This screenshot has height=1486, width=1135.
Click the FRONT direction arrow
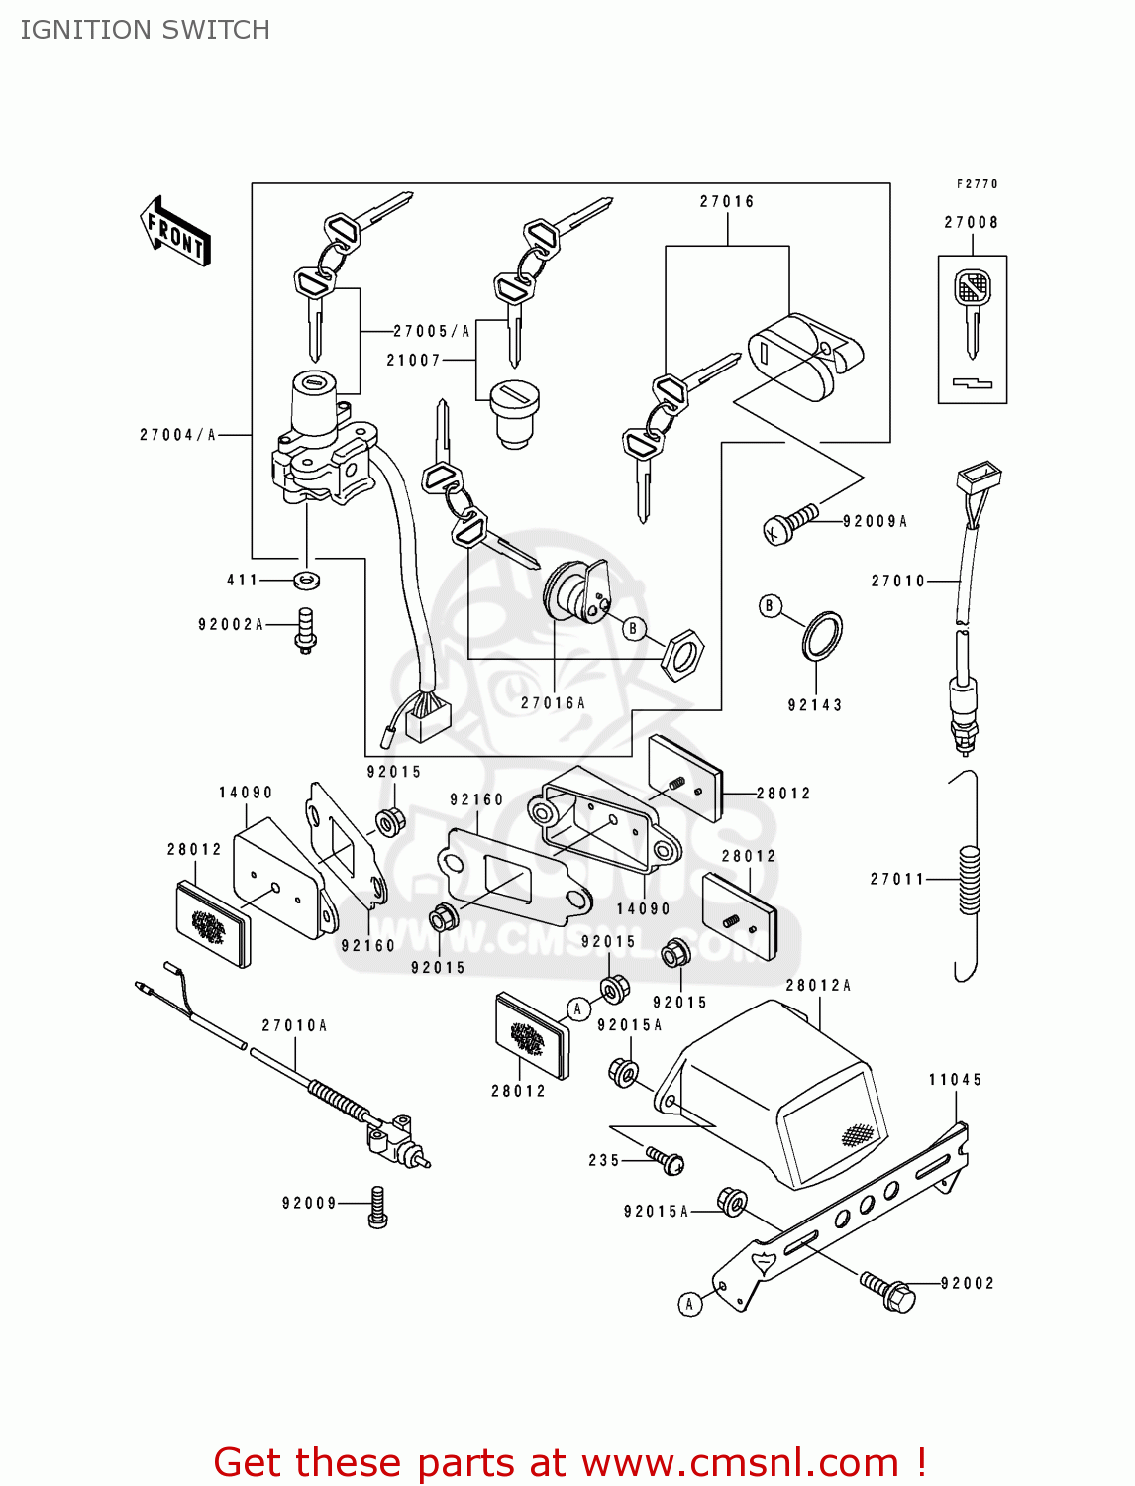[x=176, y=231]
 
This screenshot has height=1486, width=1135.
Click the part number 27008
[x=971, y=222]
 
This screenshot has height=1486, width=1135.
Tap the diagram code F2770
[x=977, y=184]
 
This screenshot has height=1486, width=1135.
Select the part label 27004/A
[x=177, y=434]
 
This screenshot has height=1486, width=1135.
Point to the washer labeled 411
[x=307, y=580]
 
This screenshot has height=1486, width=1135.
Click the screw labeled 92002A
[x=306, y=629]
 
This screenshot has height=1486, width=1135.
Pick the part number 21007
[x=413, y=360]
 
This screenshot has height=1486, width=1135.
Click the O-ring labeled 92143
[x=822, y=635]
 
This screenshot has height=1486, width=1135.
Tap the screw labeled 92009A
[x=789, y=524]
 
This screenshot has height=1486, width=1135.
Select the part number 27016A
[x=553, y=702]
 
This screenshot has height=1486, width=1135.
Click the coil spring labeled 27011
[x=970, y=880]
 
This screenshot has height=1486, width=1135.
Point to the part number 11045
[x=955, y=1079]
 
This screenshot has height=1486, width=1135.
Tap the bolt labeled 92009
[x=377, y=1207]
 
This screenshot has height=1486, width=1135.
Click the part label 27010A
[x=294, y=1025]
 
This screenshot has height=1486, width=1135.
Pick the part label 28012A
[x=818, y=985]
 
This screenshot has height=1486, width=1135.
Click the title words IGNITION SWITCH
[x=145, y=30]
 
